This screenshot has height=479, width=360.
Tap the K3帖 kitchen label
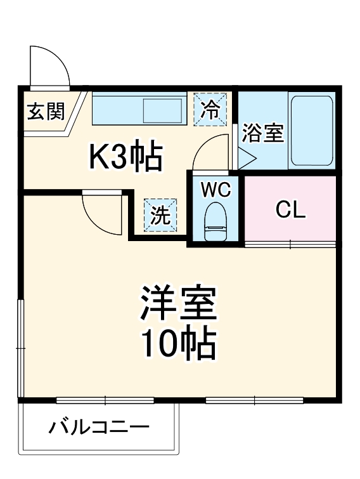click(125, 157)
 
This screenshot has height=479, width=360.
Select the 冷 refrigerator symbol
click(210, 109)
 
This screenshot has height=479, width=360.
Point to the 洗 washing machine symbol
click(160, 216)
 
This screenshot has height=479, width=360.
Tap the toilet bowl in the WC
click(215, 219)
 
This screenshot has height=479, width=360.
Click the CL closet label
click(290, 210)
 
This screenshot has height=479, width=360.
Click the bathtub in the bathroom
click(311, 131)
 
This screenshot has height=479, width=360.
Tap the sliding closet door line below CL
click(290, 243)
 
